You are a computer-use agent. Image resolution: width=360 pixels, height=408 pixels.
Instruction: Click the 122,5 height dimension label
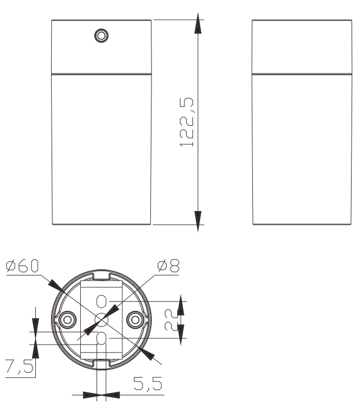coord(187,122)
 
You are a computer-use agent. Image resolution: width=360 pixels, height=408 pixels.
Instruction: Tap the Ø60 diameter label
coord(22,265)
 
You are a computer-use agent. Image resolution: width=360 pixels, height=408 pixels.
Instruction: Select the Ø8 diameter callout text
coord(168,265)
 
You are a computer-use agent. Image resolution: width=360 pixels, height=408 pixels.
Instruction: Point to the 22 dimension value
coord(171,320)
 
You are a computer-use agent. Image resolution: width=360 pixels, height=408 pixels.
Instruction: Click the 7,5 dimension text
coord(19,366)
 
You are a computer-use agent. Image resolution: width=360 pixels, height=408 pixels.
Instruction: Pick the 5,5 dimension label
coord(148,383)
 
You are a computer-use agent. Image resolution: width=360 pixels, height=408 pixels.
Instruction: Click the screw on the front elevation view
coord(101,36)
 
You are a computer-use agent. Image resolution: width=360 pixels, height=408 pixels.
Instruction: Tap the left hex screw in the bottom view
coord(67,320)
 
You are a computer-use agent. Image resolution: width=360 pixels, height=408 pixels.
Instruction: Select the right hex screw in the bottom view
coord(136,320)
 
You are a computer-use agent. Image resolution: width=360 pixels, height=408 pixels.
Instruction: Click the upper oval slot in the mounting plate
coord(101,301)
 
